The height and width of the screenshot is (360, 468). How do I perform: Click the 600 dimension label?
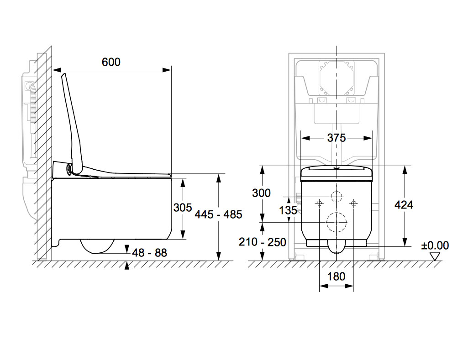click(111, 62)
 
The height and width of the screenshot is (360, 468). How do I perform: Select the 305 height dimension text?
click(182, 207)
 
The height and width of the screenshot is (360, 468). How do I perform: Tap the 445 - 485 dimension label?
click(218, 214)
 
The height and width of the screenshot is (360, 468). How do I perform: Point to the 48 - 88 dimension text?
click(150, 253)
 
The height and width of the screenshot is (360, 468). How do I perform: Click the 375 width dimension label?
click(337, 138)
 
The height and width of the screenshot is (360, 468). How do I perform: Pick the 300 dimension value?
click(261, 193)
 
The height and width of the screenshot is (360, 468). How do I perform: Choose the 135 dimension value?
click(288, 210)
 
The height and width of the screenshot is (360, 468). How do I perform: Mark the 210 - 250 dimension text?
click(263, 242)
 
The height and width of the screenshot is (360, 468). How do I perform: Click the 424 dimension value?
click(404, 205)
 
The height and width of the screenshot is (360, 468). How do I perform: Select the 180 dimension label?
click(337, 277)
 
